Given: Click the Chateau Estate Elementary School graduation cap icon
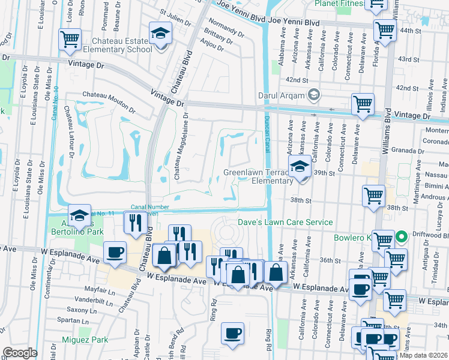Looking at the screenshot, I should tap(160, 34).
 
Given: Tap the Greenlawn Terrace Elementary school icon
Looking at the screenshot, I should tap(300, 167).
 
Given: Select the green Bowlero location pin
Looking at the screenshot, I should tap(403, 236).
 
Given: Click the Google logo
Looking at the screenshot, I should tap(20, 353).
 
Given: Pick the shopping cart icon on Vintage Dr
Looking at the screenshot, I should tap(363, 104).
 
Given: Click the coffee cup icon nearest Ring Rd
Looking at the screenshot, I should tap(232, 334).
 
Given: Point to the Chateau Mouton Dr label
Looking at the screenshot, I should tap(109, 100).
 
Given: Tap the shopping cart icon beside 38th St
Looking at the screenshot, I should tap(373, 196).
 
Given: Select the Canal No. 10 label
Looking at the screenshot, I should tap(55, 102).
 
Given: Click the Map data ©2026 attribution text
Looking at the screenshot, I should tap(423, 355).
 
